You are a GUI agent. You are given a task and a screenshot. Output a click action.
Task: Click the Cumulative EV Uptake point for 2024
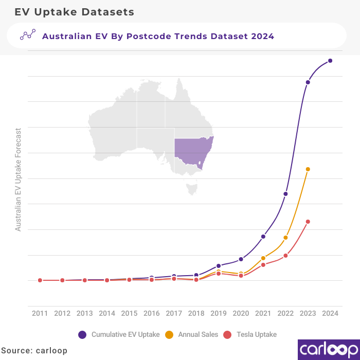coord(330,61)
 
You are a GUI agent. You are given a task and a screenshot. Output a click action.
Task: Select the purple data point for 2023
coord(308,82)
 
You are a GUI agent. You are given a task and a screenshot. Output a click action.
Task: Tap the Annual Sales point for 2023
coord(308,169)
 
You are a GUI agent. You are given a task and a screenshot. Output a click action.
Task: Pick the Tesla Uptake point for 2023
coord(308,222)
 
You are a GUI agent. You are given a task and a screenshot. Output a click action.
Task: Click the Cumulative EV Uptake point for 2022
coord(285,194)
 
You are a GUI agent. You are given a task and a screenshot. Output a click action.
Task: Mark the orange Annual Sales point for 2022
coord(285,238)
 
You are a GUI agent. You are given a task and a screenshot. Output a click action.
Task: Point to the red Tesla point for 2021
coord(263,265)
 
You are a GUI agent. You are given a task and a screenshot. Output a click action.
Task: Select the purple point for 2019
coord(219,266)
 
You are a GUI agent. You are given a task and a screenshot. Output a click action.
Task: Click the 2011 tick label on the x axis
coord(40,313)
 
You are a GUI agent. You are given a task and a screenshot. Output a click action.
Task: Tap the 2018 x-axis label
coord(196,313)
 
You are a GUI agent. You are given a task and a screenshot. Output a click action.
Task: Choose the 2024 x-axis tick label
coord(330,313)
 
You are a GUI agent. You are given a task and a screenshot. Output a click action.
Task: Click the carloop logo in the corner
coord(329,349)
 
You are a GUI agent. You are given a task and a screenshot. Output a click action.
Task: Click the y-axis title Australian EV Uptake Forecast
coord(19,179)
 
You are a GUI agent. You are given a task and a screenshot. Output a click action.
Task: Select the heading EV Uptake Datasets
coord(74,11)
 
